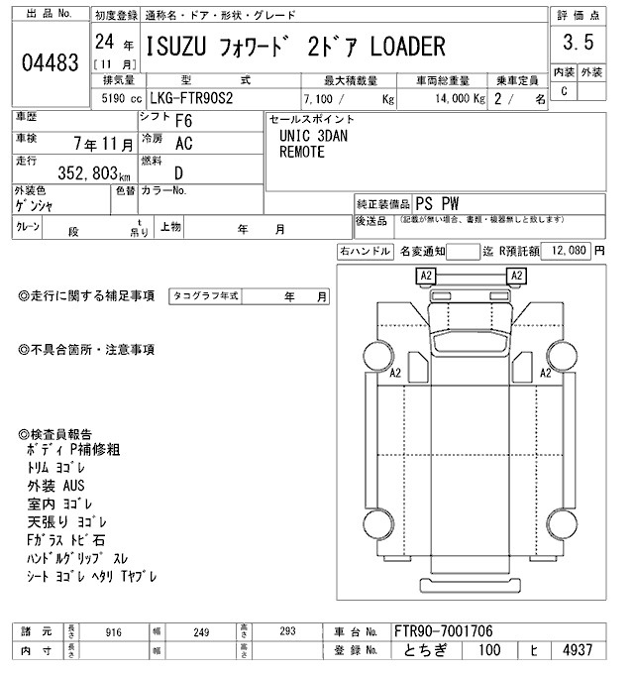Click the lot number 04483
49,61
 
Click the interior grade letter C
564,91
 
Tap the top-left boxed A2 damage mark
426,275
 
